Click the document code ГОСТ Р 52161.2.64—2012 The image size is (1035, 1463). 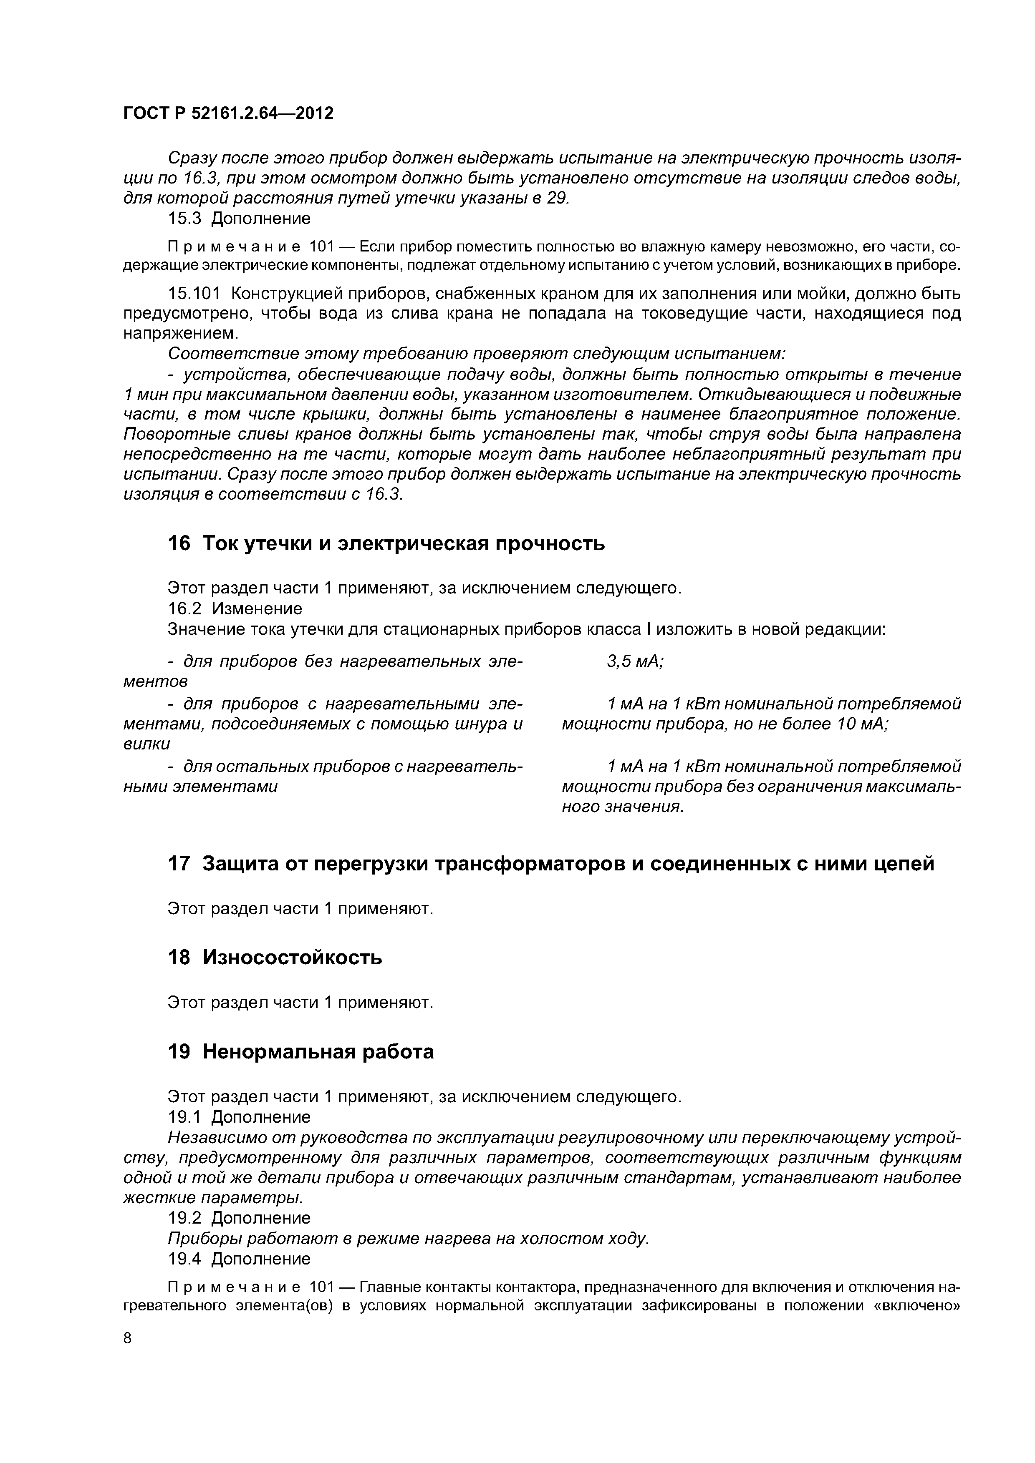pos(228,113)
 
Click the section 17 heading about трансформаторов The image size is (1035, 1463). pos(550,864)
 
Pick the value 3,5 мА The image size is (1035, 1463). pos(634,662)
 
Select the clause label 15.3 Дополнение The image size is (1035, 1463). pos(239,219)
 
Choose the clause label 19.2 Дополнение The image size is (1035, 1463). pos(239,1218)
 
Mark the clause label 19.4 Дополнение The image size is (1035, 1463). pos(239,1259)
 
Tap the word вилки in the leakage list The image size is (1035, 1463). pos(146,744)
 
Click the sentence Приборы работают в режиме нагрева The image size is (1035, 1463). pos(408,1238)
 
